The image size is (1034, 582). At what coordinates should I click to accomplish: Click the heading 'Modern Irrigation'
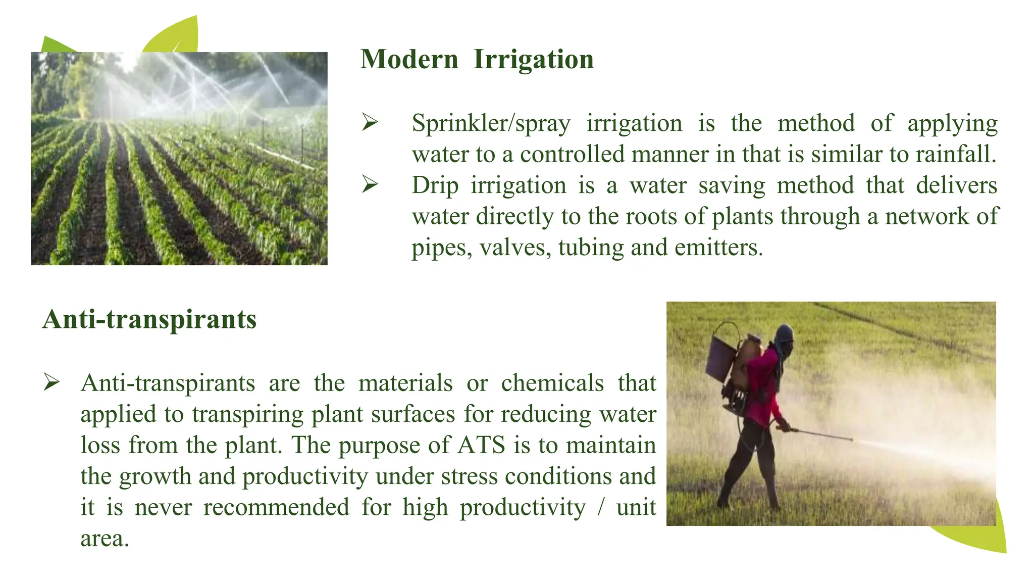click(477, 60)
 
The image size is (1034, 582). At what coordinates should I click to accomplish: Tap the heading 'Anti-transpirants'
click(149, 320)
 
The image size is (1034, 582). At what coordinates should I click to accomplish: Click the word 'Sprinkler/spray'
click(491, 124)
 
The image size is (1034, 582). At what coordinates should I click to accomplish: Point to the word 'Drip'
click(435, 186)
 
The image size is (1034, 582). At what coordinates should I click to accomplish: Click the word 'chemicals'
click(552, 383)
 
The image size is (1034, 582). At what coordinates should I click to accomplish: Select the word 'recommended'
click(276, 508)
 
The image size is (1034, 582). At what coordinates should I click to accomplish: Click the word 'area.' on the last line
click(105, 539)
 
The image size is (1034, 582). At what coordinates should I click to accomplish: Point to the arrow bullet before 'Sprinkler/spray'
click(370, 123)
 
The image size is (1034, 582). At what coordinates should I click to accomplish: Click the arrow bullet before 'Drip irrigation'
click(370, 185)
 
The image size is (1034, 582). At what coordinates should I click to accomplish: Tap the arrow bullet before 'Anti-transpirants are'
click(51, 382)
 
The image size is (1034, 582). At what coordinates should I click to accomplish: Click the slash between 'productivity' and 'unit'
click(601, 508)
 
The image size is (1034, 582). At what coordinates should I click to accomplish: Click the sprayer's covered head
click(784, 337)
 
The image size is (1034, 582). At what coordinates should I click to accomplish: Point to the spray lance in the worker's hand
click(818, 434)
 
